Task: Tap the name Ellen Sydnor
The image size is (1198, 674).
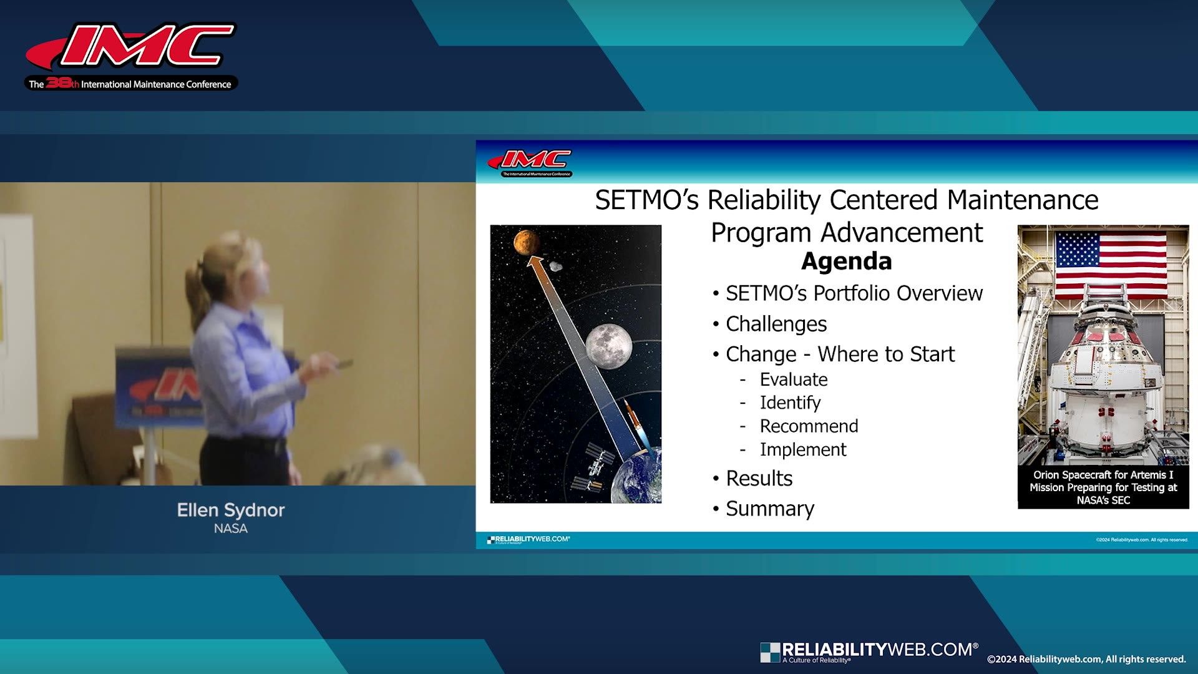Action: [x=230, y=510]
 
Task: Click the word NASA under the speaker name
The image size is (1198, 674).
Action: [x=230, y=529]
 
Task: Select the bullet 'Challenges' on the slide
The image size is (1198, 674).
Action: [x=776, y=324]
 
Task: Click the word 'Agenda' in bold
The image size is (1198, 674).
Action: [x=846, y=261]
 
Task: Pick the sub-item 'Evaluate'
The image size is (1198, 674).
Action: [x=793, y=379]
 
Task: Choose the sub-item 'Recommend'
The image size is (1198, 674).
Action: [x=809, y=426]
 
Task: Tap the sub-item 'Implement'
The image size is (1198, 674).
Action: [x=802, y=449]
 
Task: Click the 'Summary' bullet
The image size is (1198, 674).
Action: [x=769, y=509]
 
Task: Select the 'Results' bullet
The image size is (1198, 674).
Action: [x=759, y=479]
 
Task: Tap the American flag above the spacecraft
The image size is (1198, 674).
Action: [x=1111, y=258]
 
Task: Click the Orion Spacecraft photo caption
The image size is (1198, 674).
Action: [x=1103, y=487]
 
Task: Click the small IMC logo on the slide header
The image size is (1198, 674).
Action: [x=530, y=162]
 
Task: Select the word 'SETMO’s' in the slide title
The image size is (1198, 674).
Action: [x=647, y=200]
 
